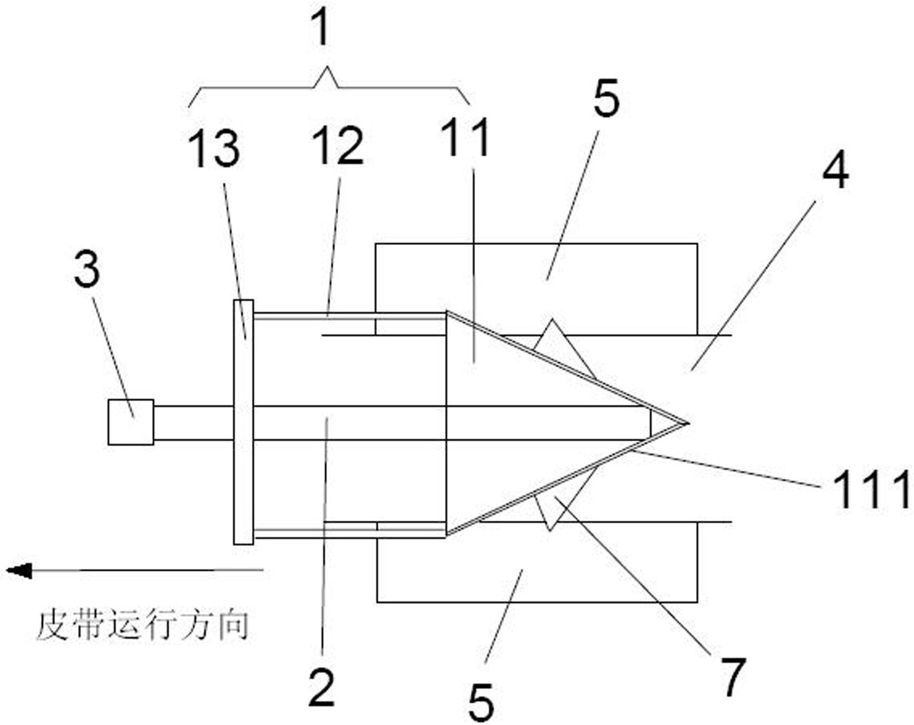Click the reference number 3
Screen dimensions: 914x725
[x=87, y=268]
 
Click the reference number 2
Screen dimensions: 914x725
[x=321, y=687]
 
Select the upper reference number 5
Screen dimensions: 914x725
[x=606, y=98]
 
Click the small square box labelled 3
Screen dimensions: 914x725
[x=131, y=422]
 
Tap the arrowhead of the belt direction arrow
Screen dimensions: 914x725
[x=19, y=570]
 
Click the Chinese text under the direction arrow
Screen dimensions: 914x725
[x=143, y=626]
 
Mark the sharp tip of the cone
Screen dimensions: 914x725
[x=688, y=423]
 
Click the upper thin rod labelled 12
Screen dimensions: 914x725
[x=349, y=316]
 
